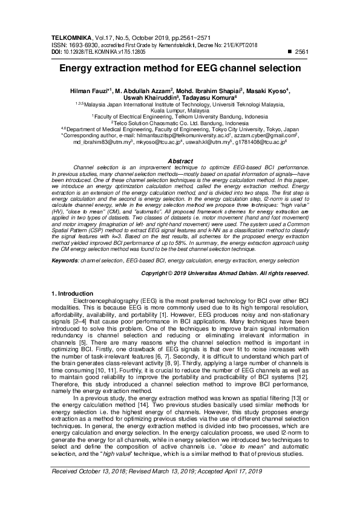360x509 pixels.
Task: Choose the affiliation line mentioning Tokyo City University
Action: coord(180,129)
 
